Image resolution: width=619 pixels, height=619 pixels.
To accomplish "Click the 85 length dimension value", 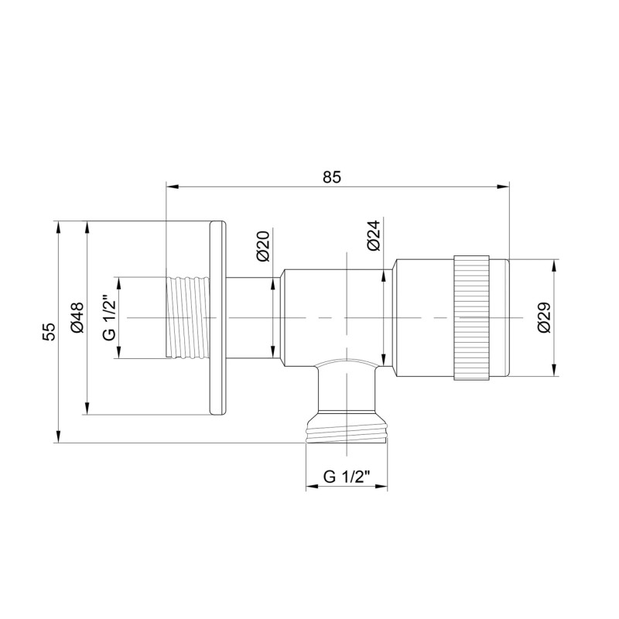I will coord(332,176).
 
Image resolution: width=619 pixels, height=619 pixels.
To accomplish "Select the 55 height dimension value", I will coord(48,331).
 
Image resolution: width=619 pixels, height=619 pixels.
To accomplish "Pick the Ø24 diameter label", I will coord(373,235).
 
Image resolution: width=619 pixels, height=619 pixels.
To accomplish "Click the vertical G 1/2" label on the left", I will coord(108,317).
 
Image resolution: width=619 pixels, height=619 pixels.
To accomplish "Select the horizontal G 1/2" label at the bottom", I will coord(347,477).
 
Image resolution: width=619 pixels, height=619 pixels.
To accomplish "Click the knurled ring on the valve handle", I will coord(471,317).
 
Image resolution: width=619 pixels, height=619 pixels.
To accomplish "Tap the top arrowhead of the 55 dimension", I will coord(58,226).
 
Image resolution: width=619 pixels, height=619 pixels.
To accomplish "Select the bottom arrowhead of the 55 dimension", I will coord(58,438).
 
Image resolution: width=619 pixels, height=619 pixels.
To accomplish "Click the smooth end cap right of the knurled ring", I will coord(501,317).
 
